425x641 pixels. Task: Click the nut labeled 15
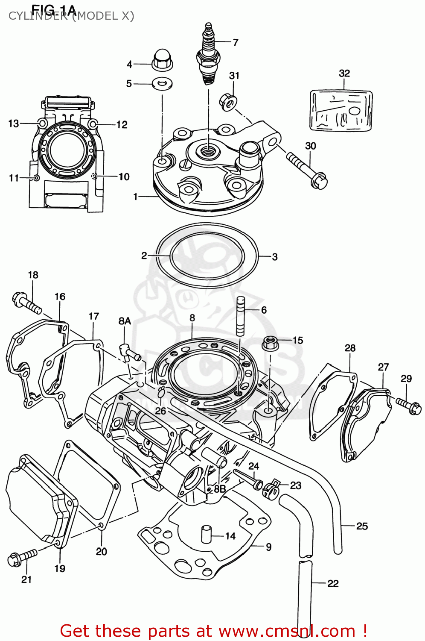(270, 343)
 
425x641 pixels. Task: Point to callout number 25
(362, 526)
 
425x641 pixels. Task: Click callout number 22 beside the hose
(333, 583)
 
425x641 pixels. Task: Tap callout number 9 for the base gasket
(268, 547)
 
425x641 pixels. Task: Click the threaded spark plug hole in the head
(208, 150)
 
